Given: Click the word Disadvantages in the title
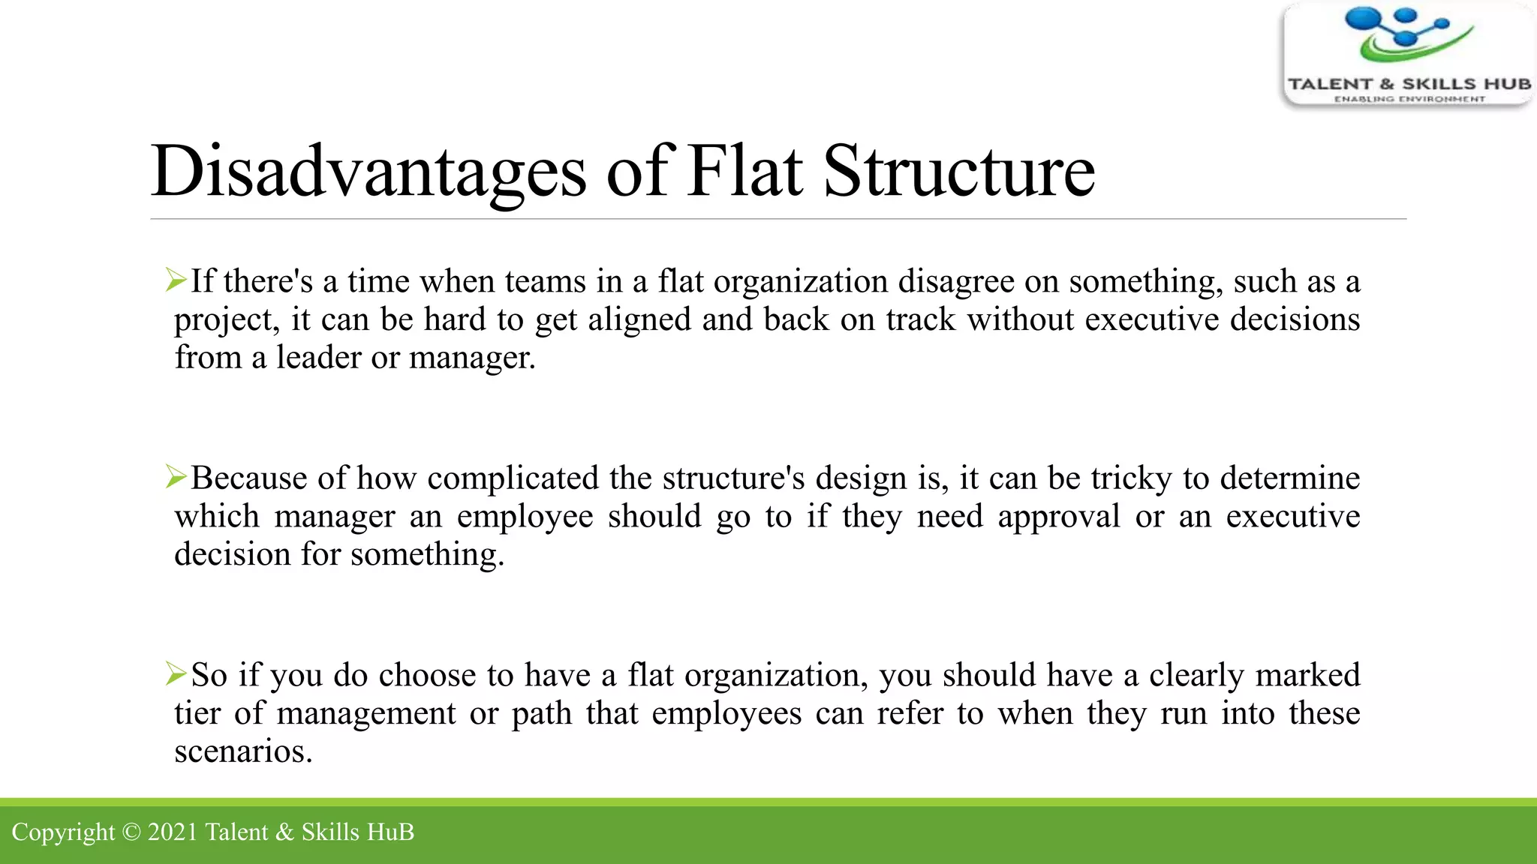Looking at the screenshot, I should [368, 172].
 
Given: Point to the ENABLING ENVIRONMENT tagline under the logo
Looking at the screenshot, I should [1409, 99].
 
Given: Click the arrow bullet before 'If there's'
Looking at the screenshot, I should [176, 280].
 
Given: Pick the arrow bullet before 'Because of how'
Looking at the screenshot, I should [176, 477].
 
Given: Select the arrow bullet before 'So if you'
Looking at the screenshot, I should [176, 673].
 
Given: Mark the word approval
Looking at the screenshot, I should [1059, 517].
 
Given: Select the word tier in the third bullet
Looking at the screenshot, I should [197, 713].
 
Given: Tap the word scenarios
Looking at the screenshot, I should [243, 751].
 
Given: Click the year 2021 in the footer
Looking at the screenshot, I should [173, 832].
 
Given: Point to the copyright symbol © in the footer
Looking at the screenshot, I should [131, 832].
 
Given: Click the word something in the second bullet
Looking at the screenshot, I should [427, 555].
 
